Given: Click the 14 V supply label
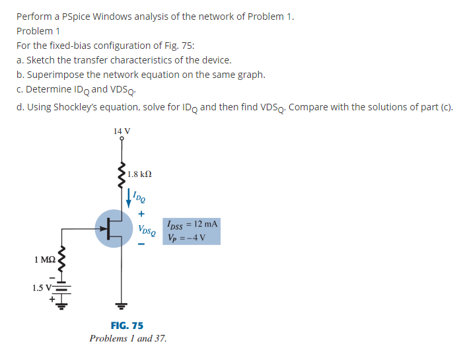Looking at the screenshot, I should [x=122, y=131].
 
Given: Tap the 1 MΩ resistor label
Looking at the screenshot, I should [x=44, y=260].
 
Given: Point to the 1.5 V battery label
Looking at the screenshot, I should [x=42, y=287].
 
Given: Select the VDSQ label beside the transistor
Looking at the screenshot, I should [x=147, y=231].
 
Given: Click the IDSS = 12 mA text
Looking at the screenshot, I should [x=192, y=225].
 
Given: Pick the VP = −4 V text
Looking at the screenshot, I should [x=188, y=237].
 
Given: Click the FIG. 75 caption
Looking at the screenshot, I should [x=127, y=326].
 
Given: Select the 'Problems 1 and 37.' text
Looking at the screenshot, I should [x=128, y=338].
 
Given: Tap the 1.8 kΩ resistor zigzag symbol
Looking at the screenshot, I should [x=122, y=175].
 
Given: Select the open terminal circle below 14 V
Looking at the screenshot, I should [x=122, y=139].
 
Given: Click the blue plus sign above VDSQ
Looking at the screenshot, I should [x=141, y=215].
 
